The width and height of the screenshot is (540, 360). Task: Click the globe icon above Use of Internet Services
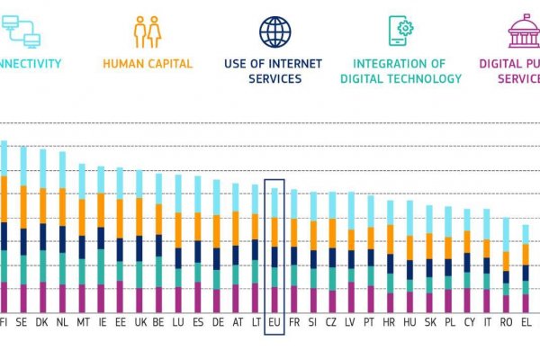(275, 31)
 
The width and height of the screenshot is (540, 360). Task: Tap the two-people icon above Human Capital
(147, 31)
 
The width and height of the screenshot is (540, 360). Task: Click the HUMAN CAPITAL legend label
(147, 64)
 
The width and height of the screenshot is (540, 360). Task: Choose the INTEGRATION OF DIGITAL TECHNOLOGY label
(400, 71)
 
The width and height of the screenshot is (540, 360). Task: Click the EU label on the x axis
(274, 320)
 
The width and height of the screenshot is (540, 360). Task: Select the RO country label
(507, 320)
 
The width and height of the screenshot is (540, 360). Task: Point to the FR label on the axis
(294, 320)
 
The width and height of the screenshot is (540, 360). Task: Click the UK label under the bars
(139, 320)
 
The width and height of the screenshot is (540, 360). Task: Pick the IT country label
(488, 320)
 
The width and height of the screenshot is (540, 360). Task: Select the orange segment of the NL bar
(62, 206)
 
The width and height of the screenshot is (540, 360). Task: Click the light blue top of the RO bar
(507, 231)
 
